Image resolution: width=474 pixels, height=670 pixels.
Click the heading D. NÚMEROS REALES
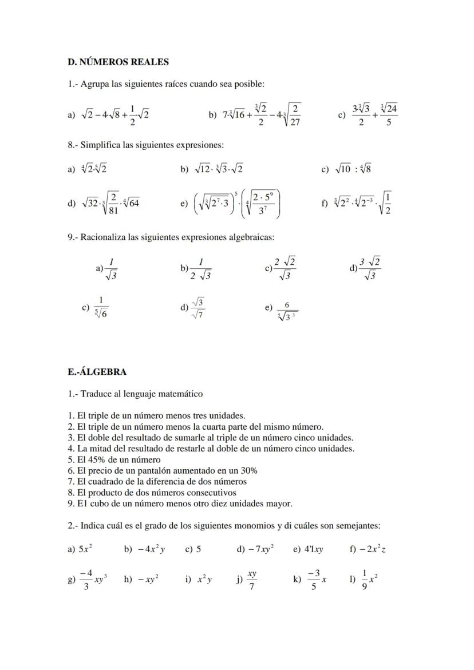118,61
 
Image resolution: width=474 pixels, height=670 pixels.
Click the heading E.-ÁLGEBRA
97,372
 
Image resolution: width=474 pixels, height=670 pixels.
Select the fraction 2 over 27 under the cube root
295,114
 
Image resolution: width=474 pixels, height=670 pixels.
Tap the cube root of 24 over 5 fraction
388,114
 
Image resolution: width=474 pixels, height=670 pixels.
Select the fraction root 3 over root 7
198,307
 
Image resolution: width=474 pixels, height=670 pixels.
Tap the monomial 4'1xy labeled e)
313,549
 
